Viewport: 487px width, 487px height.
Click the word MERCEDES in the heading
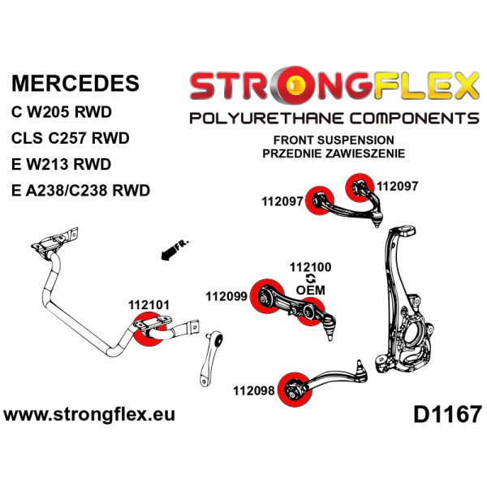click(75, 84)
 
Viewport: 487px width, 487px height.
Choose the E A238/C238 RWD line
click(81, 191)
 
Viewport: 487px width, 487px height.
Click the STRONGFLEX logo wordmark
click(334, 86)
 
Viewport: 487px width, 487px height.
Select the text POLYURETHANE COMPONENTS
click(334, 119)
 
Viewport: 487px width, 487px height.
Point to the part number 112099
click(228, 297)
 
